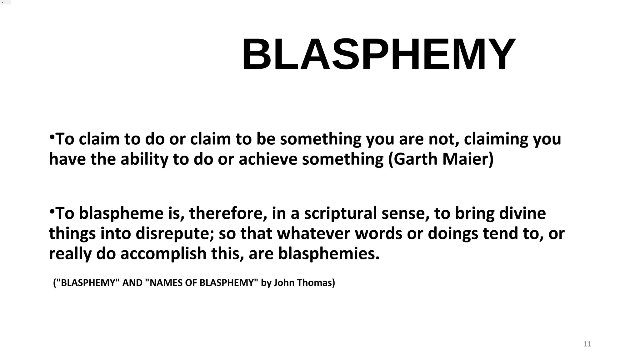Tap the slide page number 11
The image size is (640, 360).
point(587,344)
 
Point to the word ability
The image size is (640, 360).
point(144,159)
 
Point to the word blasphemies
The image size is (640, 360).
point(328,253)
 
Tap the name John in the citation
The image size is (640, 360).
point(284,283)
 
